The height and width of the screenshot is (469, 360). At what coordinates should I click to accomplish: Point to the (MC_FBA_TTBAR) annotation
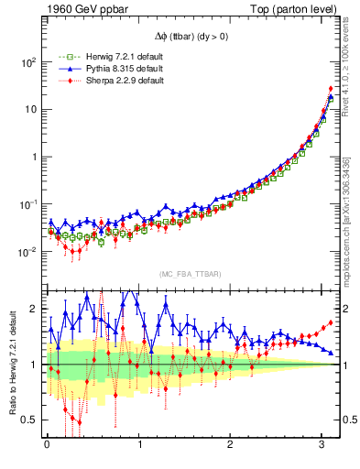(x=189, y=274)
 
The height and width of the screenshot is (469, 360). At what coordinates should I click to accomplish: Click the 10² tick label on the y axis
(x=28, y=62)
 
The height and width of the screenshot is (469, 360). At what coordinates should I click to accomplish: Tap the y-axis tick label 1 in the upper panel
(x=34, y=157)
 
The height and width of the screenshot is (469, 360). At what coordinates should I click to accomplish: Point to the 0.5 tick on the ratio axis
(x=27, y=420)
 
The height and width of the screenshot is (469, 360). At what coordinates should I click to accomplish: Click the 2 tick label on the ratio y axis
(x=34, y=309)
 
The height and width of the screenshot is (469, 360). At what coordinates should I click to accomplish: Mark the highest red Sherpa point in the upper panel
(x=330, y=89)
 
